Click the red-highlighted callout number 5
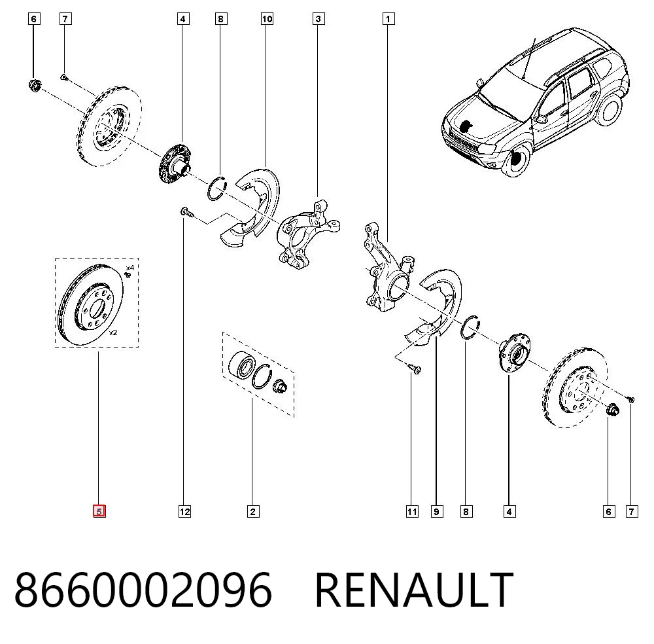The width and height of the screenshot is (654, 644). (99, 511)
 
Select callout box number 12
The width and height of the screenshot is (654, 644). (185, 511)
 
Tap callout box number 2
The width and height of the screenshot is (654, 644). (252, 511)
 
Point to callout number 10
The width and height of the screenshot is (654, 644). (267, 19)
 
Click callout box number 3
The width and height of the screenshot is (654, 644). (318, 19)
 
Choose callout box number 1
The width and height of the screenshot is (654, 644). (388, 19)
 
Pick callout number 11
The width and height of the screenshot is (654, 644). (412, 511)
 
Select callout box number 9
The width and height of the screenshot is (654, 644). (437, 511)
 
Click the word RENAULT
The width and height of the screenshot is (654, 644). (414, 590)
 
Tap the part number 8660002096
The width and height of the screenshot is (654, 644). (143, 590)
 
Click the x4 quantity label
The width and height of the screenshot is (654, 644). (130, 268)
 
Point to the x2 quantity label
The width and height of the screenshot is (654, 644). (113, 332)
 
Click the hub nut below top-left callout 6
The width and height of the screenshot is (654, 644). (34, 84)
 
